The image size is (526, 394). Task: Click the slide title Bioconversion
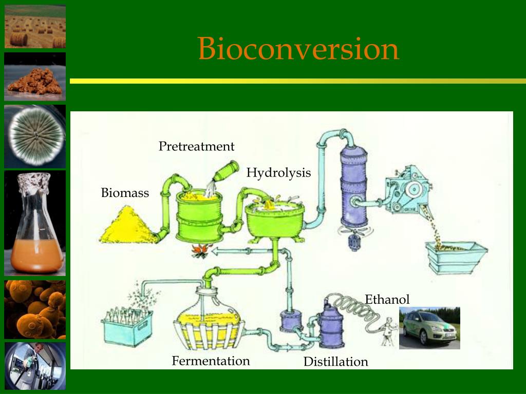[x=298, y=49]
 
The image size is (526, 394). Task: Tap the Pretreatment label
[x=196, y=147]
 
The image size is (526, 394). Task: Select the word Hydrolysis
[x=278, y=173]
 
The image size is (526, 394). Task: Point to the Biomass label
[x=125, y=193]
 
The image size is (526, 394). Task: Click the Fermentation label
[x=211, y=361]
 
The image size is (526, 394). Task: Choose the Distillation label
[x=335, y=362]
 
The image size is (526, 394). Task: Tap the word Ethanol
[x=387, y=300]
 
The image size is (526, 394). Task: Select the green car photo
[x=429, y=328]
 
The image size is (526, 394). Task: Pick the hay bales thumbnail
[x=35, y=26]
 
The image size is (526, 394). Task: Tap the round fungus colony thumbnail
[x=35, y=136]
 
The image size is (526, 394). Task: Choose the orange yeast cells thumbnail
[x=35, y=309]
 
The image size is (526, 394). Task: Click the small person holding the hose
[x=389, y=331]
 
